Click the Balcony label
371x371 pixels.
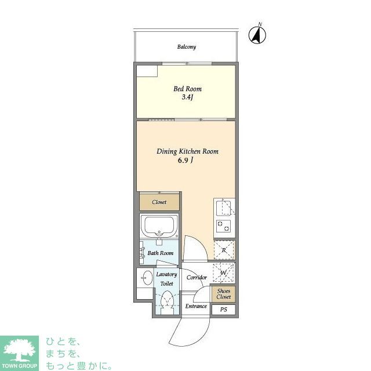click(187, 46)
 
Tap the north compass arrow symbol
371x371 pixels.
click(257, 35)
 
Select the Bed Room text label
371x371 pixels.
click(187, 89)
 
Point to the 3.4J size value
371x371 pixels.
click(188, 97)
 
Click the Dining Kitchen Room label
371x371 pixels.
click(187, 151)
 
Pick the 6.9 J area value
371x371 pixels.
click(185, 161)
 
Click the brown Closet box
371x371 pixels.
click(159, 202)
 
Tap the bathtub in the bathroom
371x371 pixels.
click(159, 225)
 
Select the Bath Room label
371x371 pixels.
click(161, 253)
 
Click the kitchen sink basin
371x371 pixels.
click(223, 208)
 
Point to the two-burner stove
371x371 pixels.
click(223, 226)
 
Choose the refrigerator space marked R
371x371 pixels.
click(224, 250)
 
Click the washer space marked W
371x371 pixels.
click(224, 272)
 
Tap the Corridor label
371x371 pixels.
click(197, 277)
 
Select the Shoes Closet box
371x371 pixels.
click(224, 294)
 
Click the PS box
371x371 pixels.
click(224, 310)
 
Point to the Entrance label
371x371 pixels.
click(196, 306)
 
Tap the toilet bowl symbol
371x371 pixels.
click(167, 301)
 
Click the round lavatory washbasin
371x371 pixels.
click(148, 278)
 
